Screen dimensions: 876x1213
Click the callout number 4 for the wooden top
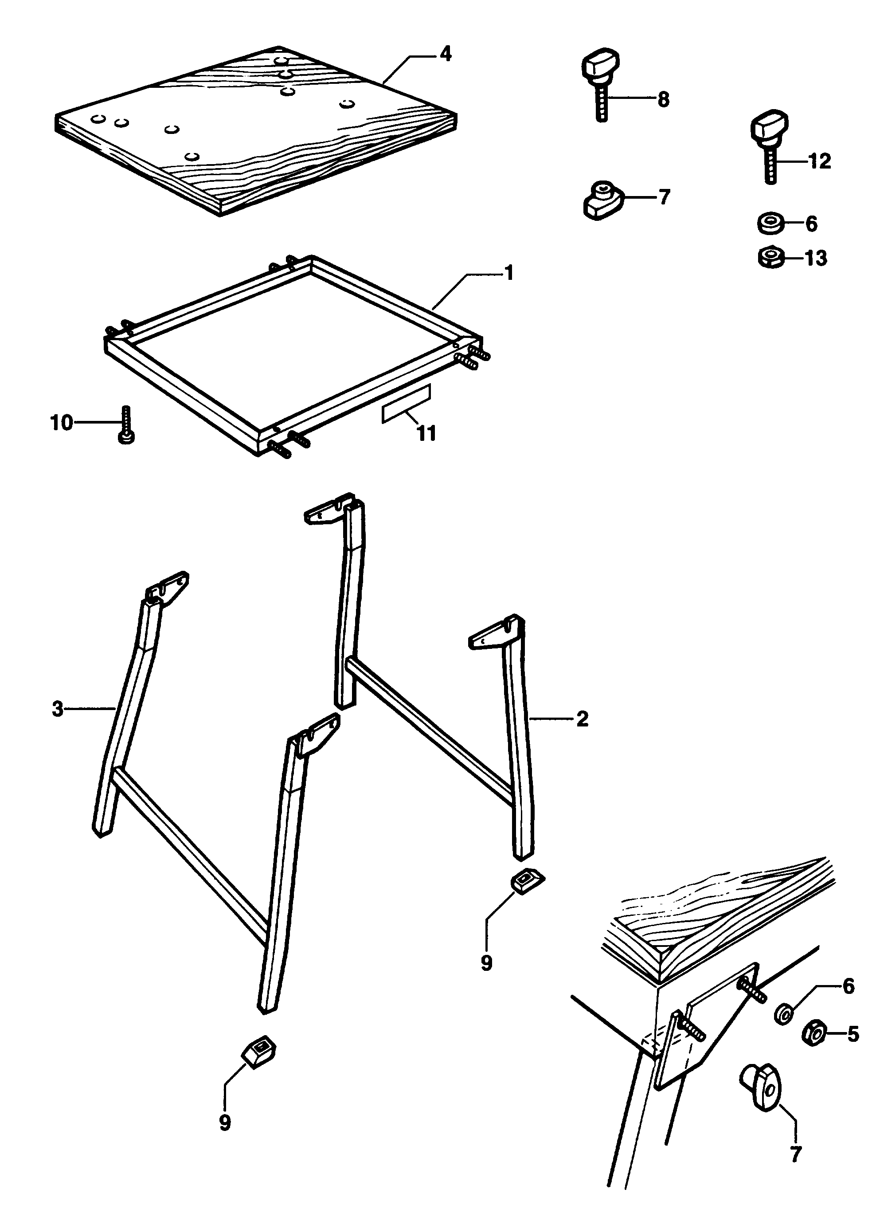point(445,54)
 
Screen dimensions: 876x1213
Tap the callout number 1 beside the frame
point(509,273)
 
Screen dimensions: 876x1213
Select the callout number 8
point(663,99)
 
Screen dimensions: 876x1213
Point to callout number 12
point(819,161)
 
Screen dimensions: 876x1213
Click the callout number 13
point(816,258)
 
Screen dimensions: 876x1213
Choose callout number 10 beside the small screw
point(62,423)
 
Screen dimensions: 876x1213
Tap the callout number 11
point(426,434)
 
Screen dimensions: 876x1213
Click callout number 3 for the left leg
point(58,710)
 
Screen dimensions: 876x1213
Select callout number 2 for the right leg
point(582,719)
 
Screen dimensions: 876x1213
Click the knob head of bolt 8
point(600,65)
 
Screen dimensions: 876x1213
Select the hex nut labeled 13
point(770,258)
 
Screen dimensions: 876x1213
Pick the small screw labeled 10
point(126,424)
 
